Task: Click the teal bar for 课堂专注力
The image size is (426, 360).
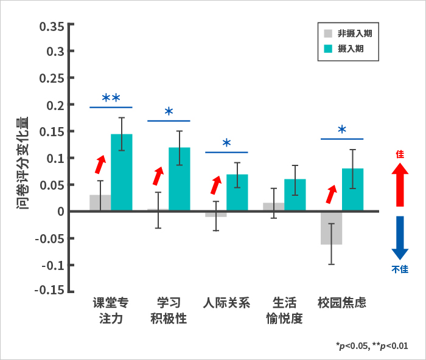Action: (121, 173)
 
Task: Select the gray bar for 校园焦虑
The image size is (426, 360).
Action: (331, 228)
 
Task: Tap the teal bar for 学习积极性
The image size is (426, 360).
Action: (179, 179)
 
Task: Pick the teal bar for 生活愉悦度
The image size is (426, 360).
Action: (295, 195)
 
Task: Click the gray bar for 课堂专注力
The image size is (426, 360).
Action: (100, 203)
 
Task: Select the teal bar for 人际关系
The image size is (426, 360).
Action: (237, 193)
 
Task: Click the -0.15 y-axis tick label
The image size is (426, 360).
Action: (50, 290)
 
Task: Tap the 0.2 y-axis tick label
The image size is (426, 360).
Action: (55, 105)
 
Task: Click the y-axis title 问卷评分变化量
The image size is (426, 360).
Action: (23, 162)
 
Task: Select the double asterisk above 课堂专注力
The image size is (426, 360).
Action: (111, 98)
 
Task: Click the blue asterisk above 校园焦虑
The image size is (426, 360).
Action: (341, 130)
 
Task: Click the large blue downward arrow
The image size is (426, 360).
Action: (400, 237)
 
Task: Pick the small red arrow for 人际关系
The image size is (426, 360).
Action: (216, 184)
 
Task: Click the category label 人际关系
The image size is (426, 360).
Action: (226, 303)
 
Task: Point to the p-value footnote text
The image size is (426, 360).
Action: (371, 346)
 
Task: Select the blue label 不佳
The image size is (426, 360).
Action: (400, 269)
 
